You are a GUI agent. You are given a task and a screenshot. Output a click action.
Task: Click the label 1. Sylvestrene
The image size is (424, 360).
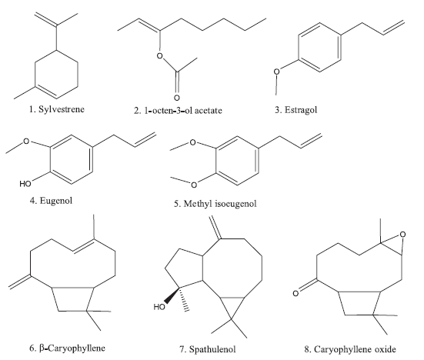pos(57,109)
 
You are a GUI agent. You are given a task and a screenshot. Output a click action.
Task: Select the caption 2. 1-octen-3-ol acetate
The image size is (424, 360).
pos(178,110)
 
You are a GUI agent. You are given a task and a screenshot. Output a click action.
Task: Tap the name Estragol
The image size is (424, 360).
pos(301,110)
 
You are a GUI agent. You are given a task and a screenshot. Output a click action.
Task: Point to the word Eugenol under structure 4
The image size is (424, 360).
pos(56,201)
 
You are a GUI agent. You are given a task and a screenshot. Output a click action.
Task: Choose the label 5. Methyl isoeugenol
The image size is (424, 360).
pos(215,203)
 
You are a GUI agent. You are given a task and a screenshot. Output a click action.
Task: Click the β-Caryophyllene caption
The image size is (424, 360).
pos(72,348)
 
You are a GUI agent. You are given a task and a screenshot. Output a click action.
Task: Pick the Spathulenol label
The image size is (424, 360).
pos(212,349)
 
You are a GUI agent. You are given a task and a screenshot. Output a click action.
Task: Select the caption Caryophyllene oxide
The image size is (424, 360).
pos(355,349)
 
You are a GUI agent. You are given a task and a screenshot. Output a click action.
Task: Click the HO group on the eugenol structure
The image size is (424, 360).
pos(25,184)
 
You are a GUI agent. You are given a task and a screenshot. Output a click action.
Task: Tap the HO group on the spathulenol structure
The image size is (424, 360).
pos(159,307)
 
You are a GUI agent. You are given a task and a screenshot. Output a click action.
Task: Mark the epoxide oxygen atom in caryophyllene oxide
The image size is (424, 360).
pos(402,235)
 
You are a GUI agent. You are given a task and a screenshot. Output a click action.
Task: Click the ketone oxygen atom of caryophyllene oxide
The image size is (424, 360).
pos(295,293)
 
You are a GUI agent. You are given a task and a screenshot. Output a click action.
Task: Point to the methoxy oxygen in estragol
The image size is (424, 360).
pos(276,72)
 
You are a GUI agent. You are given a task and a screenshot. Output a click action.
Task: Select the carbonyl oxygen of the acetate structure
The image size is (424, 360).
pos(177,97)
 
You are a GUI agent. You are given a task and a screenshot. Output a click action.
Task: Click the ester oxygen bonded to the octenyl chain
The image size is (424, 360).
pos(160,56)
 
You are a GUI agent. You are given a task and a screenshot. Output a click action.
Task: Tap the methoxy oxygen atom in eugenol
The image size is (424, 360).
pos(26,141)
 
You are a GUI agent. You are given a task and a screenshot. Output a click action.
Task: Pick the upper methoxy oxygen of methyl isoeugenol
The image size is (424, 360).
pos(192,142)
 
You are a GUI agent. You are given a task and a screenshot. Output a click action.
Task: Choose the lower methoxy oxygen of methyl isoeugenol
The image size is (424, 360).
pos(194,185)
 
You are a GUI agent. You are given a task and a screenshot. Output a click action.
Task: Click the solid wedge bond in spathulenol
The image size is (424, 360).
pos(172,295)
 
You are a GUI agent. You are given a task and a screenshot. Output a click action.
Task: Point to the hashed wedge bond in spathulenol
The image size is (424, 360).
pos(184,299)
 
